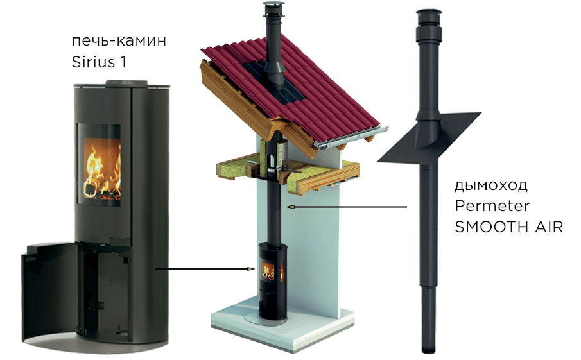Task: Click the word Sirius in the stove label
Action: (94, 62)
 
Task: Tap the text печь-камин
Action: (119, 40)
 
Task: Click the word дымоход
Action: (491, 185)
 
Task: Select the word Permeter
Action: (492, 205)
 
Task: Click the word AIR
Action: (549, 227)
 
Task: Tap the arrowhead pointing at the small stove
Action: (252, 269)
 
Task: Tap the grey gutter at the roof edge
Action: (352, 138)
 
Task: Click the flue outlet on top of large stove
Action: (126, 83)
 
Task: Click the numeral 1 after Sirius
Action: (123, 62)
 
